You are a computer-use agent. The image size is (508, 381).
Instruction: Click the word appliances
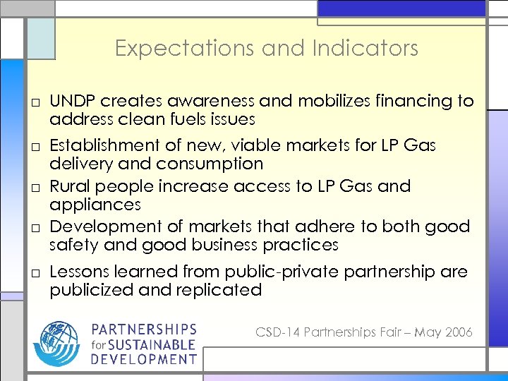pyautogui.click(x=95, y=205)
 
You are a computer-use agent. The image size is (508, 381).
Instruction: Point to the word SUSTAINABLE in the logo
pyautogui.click(x=152, y=345)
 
